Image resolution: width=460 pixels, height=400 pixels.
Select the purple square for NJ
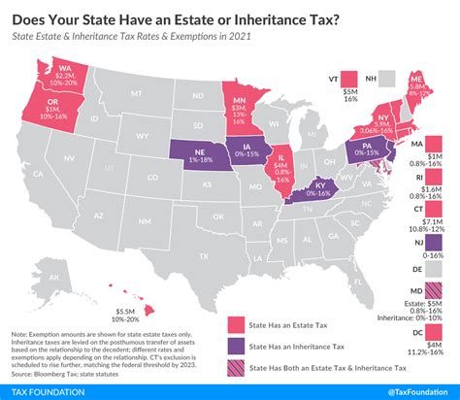(434, 241)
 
